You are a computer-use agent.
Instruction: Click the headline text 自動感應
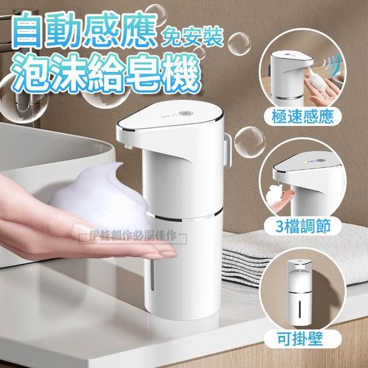coord(85,30)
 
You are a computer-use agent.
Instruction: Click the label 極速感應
coord(302,117)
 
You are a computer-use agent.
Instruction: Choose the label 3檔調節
coord(303,226)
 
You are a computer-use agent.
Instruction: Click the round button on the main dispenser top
coord(186,114)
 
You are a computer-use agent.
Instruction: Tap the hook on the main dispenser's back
coord(227,150)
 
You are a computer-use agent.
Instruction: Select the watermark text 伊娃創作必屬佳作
coord(133,236)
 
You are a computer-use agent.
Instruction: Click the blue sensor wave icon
coord(331,62)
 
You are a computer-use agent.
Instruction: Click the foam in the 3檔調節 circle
coord(275,195)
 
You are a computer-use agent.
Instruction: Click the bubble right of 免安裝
coord(239,44)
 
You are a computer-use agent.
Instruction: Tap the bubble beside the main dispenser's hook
coord(250,142)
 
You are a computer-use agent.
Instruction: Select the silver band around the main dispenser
coord(185,218)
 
